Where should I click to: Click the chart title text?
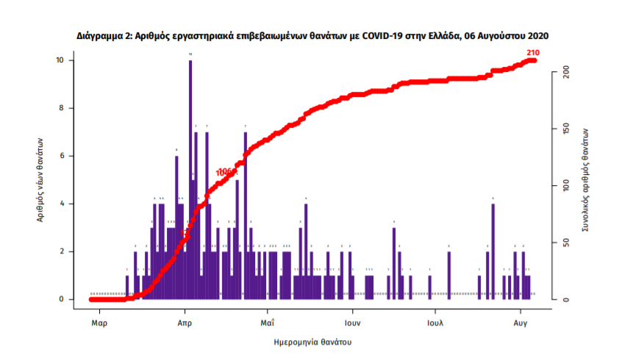coord(312,35)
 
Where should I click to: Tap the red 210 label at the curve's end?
coord(533,52)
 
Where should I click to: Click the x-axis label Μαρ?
coord(101,322)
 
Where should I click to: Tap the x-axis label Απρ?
coord(185,322)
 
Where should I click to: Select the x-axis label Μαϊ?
coord(268,322)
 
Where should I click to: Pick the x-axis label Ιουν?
coord(352,322)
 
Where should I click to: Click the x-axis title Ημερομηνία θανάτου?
coord(312,342)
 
